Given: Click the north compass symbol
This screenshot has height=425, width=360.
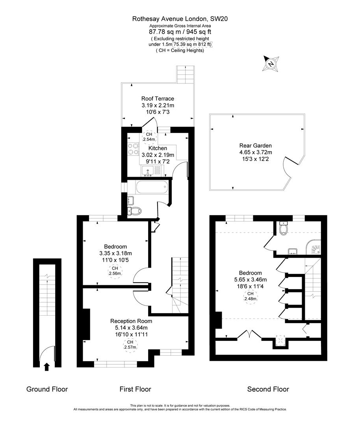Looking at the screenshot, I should click(x=271, y=64).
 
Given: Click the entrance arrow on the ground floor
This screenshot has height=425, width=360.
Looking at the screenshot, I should click(x=46, y=367).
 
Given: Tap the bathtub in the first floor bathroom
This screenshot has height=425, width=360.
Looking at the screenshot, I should click(x=151, y=187).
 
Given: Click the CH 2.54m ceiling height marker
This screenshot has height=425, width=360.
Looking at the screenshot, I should click(x=149, y=137).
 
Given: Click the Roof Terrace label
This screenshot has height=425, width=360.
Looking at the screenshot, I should click(x=158, y=98).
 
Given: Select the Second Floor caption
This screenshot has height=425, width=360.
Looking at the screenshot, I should click(x=268, y=389).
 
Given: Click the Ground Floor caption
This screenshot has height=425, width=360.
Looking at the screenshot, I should click(x=47, y=389).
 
